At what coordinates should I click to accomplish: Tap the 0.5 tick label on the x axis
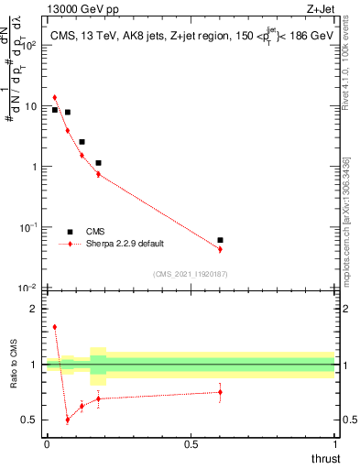pyautogui.click(x=191, y=443)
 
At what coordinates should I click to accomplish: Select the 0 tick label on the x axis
pyautogui.click(x=47, y=443)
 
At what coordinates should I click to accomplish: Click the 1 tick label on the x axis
pyautogui.click(x=334, y=443)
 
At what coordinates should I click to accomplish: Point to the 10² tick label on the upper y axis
pyautogui.click(x=30, y=45)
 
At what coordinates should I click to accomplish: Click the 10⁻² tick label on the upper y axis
pyautogui.click(x=30, y=288)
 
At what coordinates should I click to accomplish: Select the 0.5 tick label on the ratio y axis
pyautogui.click(x=32, y=420)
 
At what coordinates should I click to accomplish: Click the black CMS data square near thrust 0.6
pyautogui.click(x=220, y=240)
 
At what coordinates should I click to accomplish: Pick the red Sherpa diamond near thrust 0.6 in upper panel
pyautogui.click(x=220, y=249)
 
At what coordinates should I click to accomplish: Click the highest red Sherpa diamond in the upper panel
pyautogui.click(x=54, y=97)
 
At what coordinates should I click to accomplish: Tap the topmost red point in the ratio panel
pyautogui.click(x=54, y=326)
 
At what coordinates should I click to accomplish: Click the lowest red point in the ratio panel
pyautogui.click(x=68, y=420)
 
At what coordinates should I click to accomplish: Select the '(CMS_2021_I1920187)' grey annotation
pyautogui.click(x=191, y=274)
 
